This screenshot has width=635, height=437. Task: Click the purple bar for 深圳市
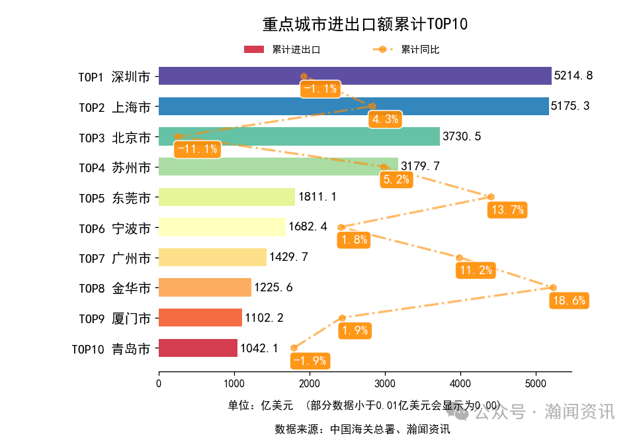click(355, 76)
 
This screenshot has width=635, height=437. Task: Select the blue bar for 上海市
click(353, 106)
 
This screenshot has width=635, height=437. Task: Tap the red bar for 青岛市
click(198, 348)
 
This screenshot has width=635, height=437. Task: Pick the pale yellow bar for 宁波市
click(222, 227)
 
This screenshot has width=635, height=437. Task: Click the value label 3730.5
click(462, 136)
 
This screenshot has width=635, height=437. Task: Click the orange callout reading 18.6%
click(568, 301)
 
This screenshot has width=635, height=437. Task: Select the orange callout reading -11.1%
click(196, 149)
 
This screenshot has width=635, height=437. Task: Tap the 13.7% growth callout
click(507, 211)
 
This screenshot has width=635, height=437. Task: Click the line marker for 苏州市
click(383, 167)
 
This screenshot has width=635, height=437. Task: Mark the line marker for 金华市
click(553, 287)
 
